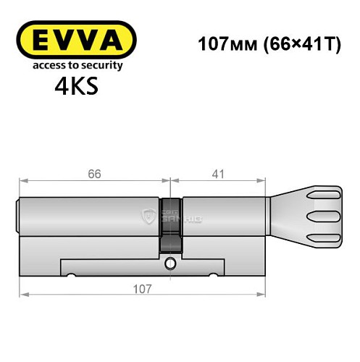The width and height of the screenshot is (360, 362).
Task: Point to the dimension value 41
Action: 219,174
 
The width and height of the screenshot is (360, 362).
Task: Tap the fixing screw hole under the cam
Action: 172,263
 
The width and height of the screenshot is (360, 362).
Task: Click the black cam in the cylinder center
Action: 172,221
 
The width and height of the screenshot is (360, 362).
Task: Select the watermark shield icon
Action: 150,214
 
